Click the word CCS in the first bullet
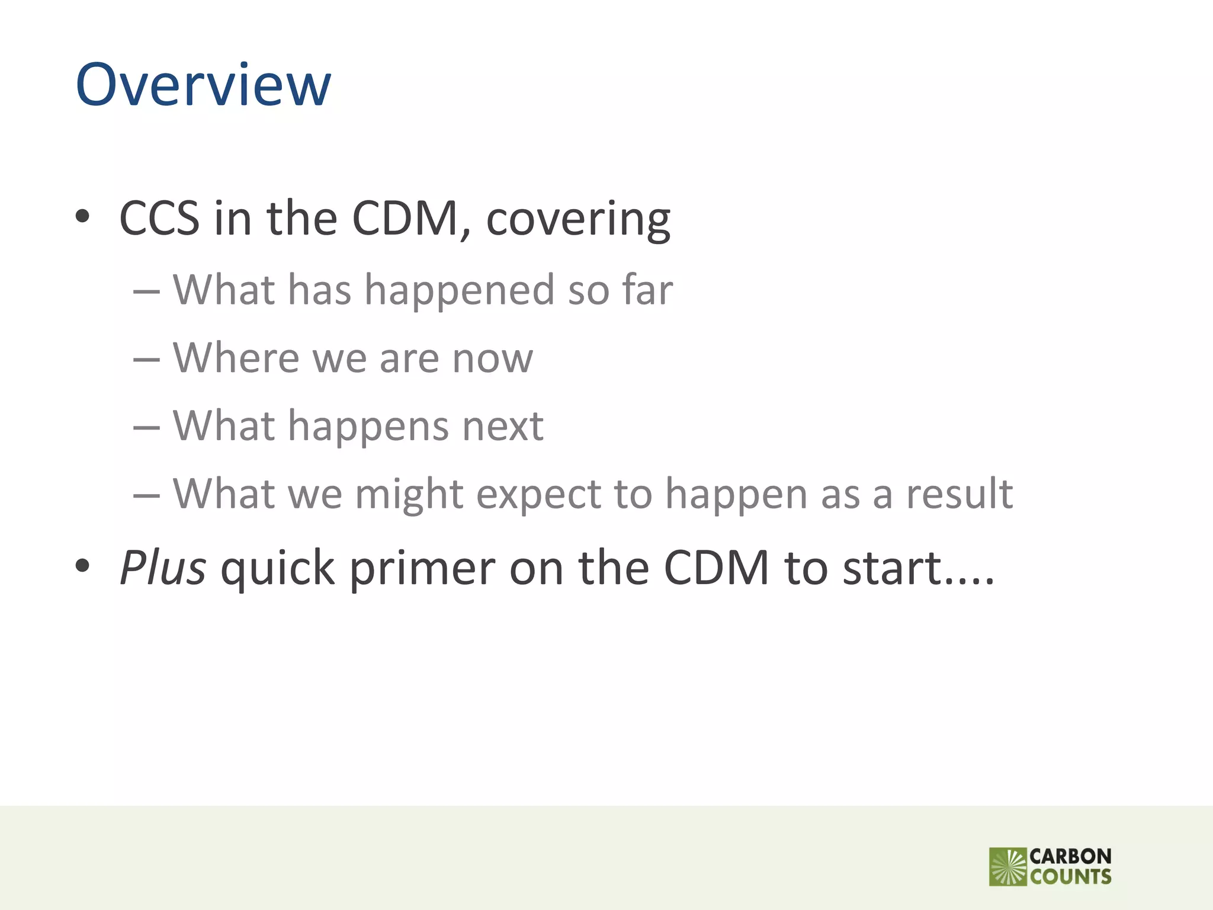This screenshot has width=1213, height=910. click(159, 218)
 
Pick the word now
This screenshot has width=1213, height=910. click(492, 359)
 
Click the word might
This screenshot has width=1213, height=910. click(409, 495)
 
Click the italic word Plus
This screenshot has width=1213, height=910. click(163, 568)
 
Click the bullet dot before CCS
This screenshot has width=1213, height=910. click(82, 217)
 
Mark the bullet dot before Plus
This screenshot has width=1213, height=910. click(82, 566)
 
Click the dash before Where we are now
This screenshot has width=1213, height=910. click(146, 359)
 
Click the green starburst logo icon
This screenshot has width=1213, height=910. click(1007, 867)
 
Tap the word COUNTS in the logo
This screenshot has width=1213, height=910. click(1070, 877)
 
